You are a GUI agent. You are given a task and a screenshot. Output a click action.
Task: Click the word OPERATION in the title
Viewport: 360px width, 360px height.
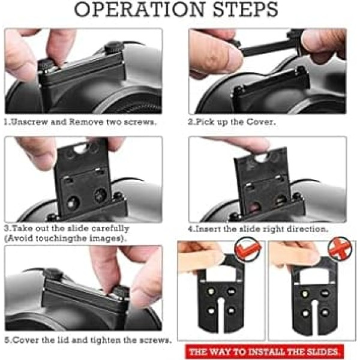pyautogui.click(x=139, y=10)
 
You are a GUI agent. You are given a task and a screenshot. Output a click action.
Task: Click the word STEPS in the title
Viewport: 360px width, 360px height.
pyautogui.click(x=245, y=10)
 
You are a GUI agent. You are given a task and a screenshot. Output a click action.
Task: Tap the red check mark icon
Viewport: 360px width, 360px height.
pyautogui.click(x=248, y=250)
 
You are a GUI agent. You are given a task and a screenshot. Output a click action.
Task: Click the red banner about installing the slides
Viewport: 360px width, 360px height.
pyautogui.click(x=264, y=352)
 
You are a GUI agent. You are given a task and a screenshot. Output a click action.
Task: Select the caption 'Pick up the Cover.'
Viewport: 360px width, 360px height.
pyautogui.click(x=232, y=122)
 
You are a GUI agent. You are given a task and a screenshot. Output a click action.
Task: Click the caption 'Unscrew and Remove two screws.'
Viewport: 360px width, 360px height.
pyautogui.click(x=80, y=122)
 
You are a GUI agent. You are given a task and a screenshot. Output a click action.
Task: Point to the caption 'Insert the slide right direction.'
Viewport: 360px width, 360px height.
pyautogui.click(x=258, y=229)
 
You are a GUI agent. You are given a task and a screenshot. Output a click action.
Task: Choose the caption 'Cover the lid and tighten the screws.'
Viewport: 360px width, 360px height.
pyautogui.click(x=88, y=340)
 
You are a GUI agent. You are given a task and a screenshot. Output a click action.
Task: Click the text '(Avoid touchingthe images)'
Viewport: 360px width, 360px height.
pyautogui.click(x=65, y=239)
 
